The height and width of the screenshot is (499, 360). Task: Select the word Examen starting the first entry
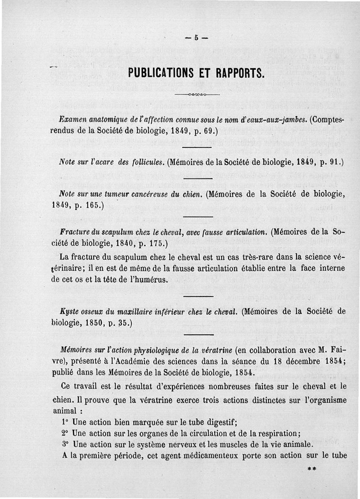[72, 120]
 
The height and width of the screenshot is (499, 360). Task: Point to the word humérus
[149, 279]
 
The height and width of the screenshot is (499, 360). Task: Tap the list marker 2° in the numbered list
[64, 433]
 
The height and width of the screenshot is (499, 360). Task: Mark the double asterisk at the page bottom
[311, 468]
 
